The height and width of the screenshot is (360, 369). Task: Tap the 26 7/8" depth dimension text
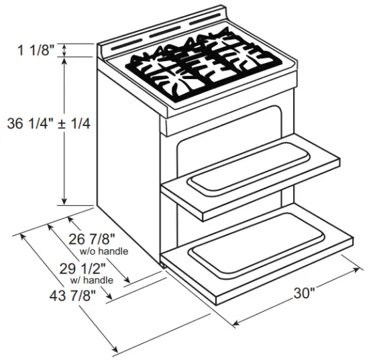(x=93, y=238)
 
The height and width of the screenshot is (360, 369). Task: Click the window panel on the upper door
(x=248, y=168)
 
